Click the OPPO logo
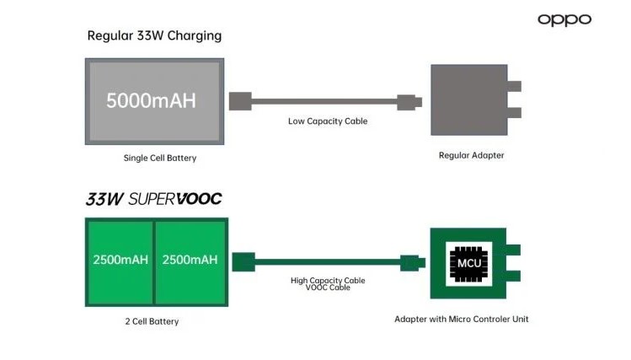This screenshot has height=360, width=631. tap(564, 19)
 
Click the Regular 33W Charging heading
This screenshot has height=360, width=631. tap(154, 35)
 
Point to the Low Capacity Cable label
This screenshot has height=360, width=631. tap(328, 121)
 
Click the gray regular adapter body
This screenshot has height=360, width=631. tap(468, 99)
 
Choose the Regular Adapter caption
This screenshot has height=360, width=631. tap(471, 156)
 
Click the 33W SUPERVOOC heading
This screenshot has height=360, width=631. tap(153, 200)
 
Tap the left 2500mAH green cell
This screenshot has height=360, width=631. tap(120, 260)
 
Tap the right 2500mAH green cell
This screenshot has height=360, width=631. tap(190, 260)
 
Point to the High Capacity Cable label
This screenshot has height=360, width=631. tap(328, 281)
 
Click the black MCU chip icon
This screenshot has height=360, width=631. tap(468, 261)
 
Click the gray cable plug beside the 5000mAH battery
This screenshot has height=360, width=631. tap(240, 101)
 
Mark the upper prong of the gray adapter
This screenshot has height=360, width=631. tap(514, 86)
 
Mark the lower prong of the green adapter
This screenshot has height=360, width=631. tap(514, 276)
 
